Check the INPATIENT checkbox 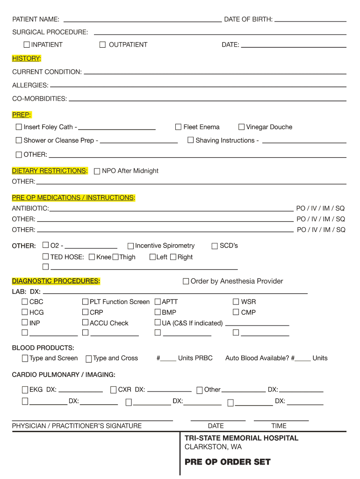point(27,44)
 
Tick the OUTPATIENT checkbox point(102,44)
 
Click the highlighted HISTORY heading point(27,58)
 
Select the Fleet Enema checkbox point(178,127)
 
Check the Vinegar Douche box point(241,127)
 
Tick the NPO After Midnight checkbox point(97,171)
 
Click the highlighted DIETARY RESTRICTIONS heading point(50,171)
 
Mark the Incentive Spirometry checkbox point(131,246)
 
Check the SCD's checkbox point(215,246)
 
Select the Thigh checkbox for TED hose point(115,257)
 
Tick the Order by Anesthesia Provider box point(186,281)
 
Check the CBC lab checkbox point(24,302)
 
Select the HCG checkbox point(24,312)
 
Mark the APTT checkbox point(158,302)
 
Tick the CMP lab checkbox point(236,312)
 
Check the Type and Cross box point(89,359)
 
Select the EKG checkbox point(24,390)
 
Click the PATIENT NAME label point(36,19)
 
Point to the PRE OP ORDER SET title point(228,462)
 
